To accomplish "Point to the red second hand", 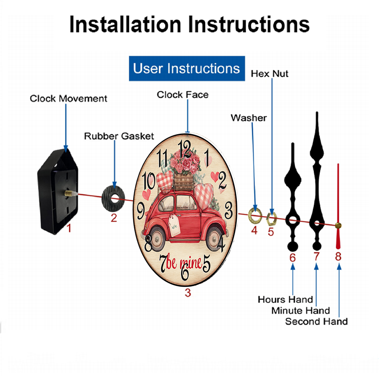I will (x=338, y=205).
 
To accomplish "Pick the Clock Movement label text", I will (x=69, y=99).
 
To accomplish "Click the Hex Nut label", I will (x=269, y=74).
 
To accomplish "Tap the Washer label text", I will (x=249, y=118).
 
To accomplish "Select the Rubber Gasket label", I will (x=119, y=136).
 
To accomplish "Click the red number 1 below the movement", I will (x=69, y=228).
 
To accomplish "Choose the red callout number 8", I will (x=338, y=257).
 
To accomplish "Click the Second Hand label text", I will (x=316, y=322).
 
